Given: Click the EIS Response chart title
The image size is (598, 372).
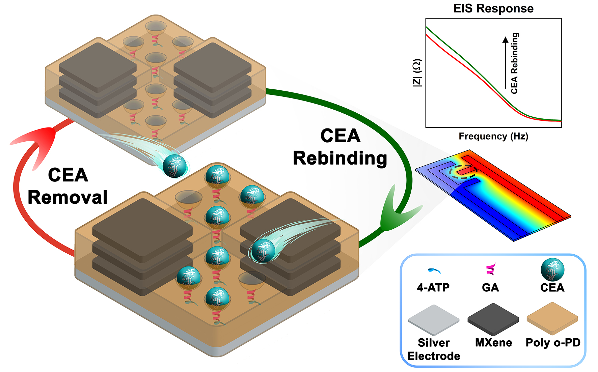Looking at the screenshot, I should pyautogui.click(x=493, y=8).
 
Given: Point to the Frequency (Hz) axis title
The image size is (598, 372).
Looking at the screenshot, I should pyautogui.click(x=493, y=136).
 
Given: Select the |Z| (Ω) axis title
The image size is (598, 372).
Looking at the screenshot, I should pyautogui.click(x=417, y=73).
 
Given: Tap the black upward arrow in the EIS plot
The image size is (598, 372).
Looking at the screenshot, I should pyautogui.click(x=505, y=62).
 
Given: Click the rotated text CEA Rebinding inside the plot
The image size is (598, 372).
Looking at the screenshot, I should pyautogui.click(x=514, y=63).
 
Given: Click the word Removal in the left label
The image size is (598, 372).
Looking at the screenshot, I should pyautogui.click(x=67, y=197).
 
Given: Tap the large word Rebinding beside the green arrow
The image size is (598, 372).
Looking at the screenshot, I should pyautogui.click(x=340, y=158).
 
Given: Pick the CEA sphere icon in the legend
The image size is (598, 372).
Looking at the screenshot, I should pyautogui.click(x=552, y=270).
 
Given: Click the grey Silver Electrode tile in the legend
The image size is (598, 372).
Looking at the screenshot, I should pyautogui.click(x=434, y=319).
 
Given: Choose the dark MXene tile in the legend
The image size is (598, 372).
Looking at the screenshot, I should pyautogui.click(x=493, y=319).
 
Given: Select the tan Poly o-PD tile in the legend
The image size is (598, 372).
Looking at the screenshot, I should pyautogui.click(x=552, y=318).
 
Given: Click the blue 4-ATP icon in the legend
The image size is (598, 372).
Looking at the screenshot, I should pyautogui.click(x=434, y=270).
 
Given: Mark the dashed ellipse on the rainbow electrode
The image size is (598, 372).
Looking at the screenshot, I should pyautogui.click(x=465, y=172).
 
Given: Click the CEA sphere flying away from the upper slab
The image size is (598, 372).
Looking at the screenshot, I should pyautogui.click(x=174, y=166).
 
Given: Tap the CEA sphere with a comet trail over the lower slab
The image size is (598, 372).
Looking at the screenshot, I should pyautogui.click(x=263, y=251).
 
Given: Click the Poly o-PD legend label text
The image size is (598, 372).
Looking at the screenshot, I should pyautogui.click(x=553, y=343).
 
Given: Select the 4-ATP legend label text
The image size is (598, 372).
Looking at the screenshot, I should pyautogui.click(x=433, y=288).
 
